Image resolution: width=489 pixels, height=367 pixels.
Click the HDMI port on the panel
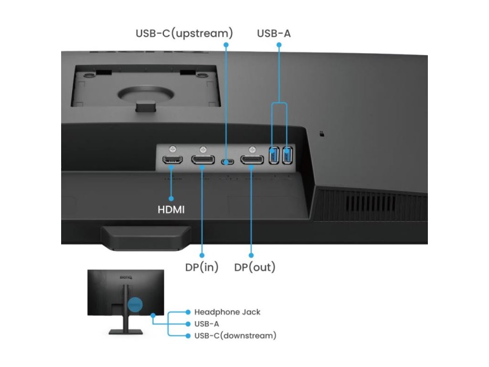(x=172, y=160)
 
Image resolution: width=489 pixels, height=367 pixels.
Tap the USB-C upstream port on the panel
(x=226, y=162)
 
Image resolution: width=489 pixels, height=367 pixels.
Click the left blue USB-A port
(x=274, y=155)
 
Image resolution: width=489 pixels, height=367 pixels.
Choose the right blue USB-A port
(x=287, y=155)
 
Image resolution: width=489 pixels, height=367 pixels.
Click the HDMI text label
(x=171, y=209)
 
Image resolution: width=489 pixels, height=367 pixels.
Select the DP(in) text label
(x=202, y=267)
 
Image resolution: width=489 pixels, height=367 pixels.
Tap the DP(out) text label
(x=255, y=267)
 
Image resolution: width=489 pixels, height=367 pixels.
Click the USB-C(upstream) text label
(x=184, y=33)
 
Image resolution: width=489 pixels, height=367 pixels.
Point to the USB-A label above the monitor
(x=274, y=33)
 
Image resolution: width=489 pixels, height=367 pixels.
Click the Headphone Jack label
(x=227, y=312)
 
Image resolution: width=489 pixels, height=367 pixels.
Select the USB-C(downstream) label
(x=235, y=335)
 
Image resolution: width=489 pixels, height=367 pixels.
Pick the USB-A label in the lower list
(x=206, y=324)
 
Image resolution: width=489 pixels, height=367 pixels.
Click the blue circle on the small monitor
(x=136, y=304)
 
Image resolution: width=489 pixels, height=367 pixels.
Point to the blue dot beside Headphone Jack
(x=188, y=312)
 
